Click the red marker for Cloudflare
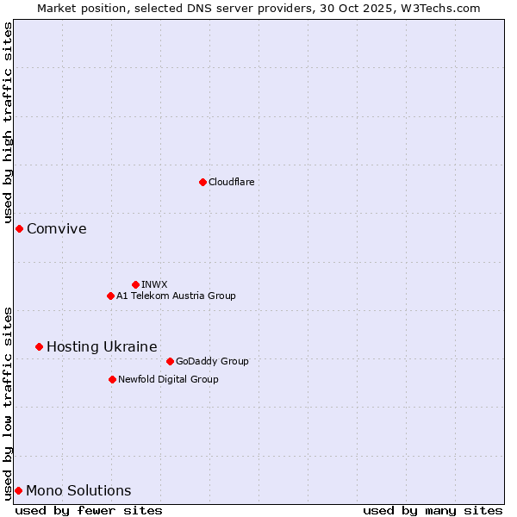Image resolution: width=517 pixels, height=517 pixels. pyautogui.click(x=202, y=182)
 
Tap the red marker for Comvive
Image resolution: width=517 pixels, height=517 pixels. pyautogui.click(x=19, y=228)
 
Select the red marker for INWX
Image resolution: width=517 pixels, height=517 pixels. pyautogui.click(x=135, y=284)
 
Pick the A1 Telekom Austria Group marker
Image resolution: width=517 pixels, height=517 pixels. pyautogui.click(x=110, y=296)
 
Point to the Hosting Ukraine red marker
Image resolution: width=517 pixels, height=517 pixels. pyautogui.click(x=39, y=346)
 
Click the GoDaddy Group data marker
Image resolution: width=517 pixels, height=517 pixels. pyautogui.click(x=170, y=361)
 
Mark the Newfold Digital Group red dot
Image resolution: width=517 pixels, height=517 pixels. pyautogui.click(x=112, y=379)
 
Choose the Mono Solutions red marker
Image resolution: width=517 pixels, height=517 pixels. pyautogui.click(x=18, y=490)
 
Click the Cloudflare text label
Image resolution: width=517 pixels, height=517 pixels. pyautogui.click(x=231, y=182)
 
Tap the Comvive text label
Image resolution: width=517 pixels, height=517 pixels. pyautogui.click(x=57, y=228)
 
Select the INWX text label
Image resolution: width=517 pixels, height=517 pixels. pyautogui.click(x=154, y=284)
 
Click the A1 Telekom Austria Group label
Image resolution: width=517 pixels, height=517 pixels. pyautogui.click(x=176, y=296)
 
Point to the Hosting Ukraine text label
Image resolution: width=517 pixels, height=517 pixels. pyautogui.click(x=102, y=346)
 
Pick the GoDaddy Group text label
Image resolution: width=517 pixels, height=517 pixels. pyautogui.click(x=212, y=361)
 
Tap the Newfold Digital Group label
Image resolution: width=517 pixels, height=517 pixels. pyautogui.click(x=168, y=379)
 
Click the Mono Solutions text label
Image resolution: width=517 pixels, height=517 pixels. pyautogui.click(x=78, y=490)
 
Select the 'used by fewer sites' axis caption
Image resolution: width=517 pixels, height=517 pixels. pyautogui.click(x=89, y=510)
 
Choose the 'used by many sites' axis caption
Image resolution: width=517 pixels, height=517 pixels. pyautogui.click(x=433, y=510)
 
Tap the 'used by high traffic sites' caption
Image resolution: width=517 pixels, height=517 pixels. pyautogui.click(x=8, y=123)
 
